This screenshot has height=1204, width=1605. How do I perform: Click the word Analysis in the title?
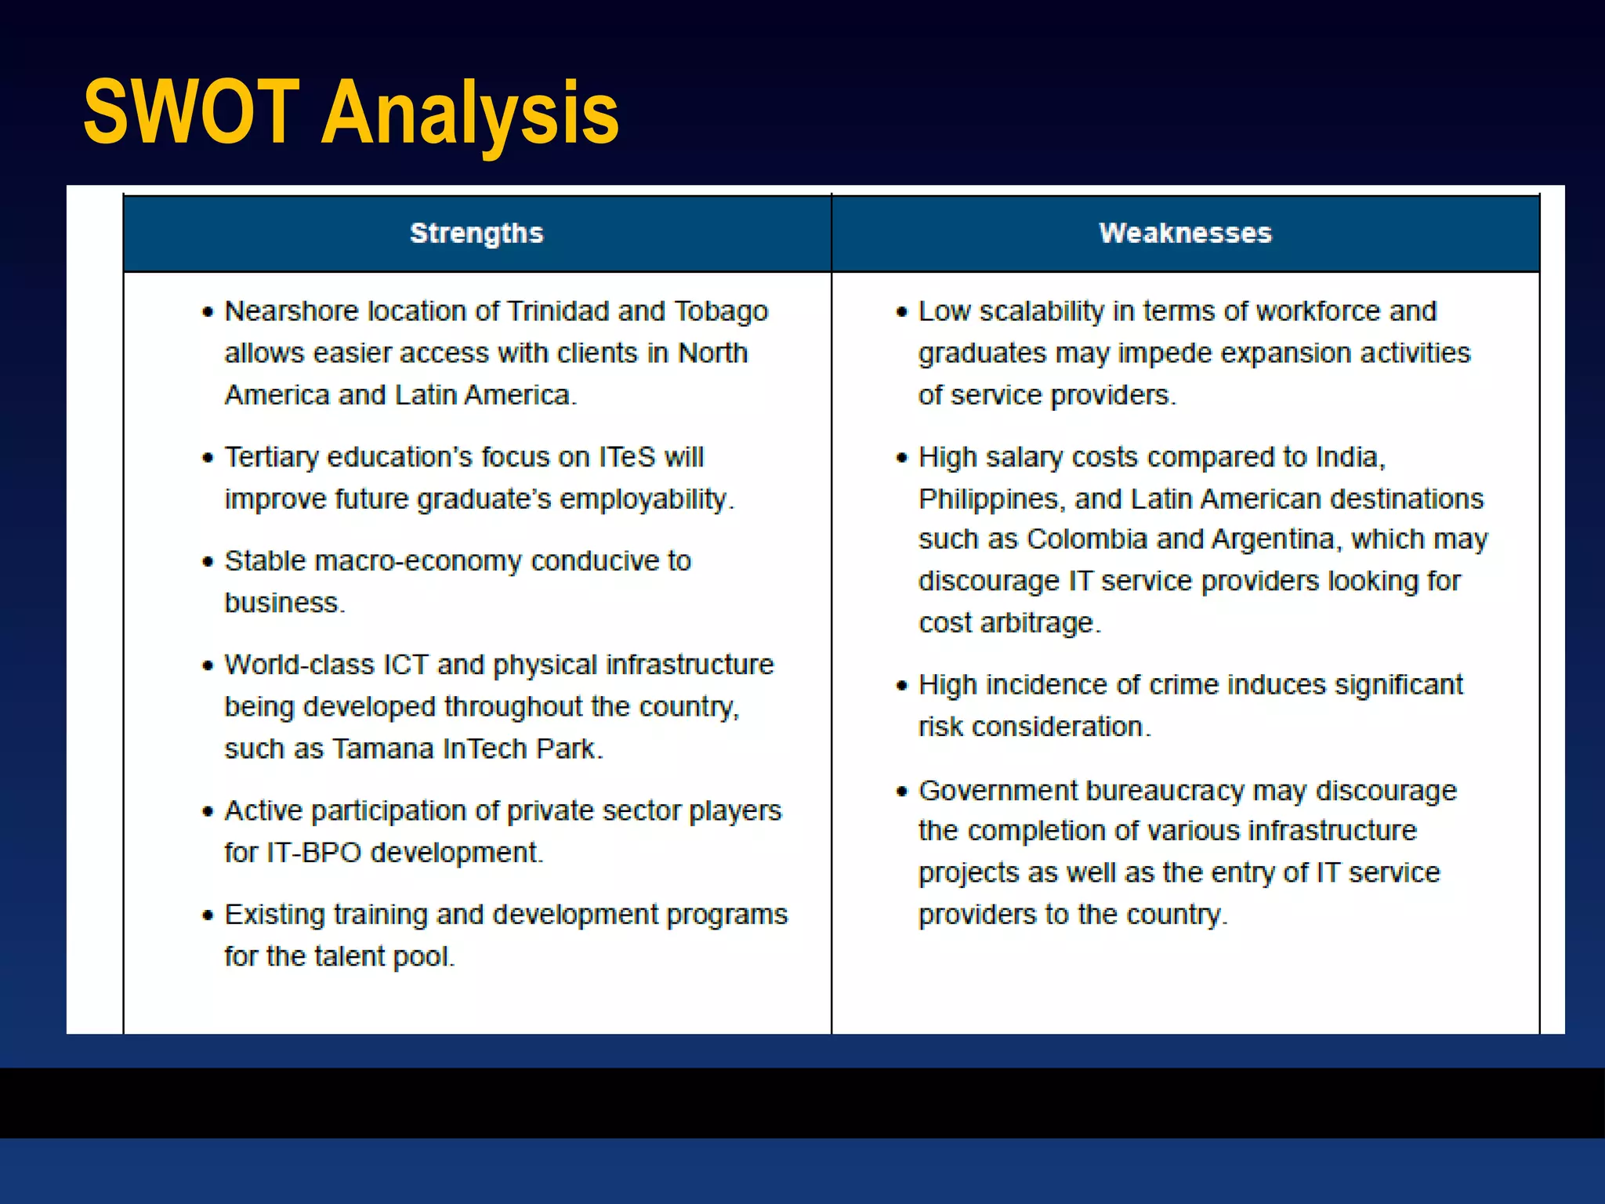pyautogui.click(x=470, y=114)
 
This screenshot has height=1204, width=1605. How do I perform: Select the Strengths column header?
pyautogui.click(x=476, y=233)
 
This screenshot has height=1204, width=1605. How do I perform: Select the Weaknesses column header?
pyautogui.click(x=1185, y=233)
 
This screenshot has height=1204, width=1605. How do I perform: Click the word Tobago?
pyautogui.click(x=721, y=311)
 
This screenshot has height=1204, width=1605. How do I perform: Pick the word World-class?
pyautogui.click(x=299, y=665)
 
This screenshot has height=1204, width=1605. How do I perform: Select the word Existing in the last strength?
pyautogui.click(x=274, y=915)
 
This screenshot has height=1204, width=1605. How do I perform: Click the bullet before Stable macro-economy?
pyautogui.click(x=208, y=561)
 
